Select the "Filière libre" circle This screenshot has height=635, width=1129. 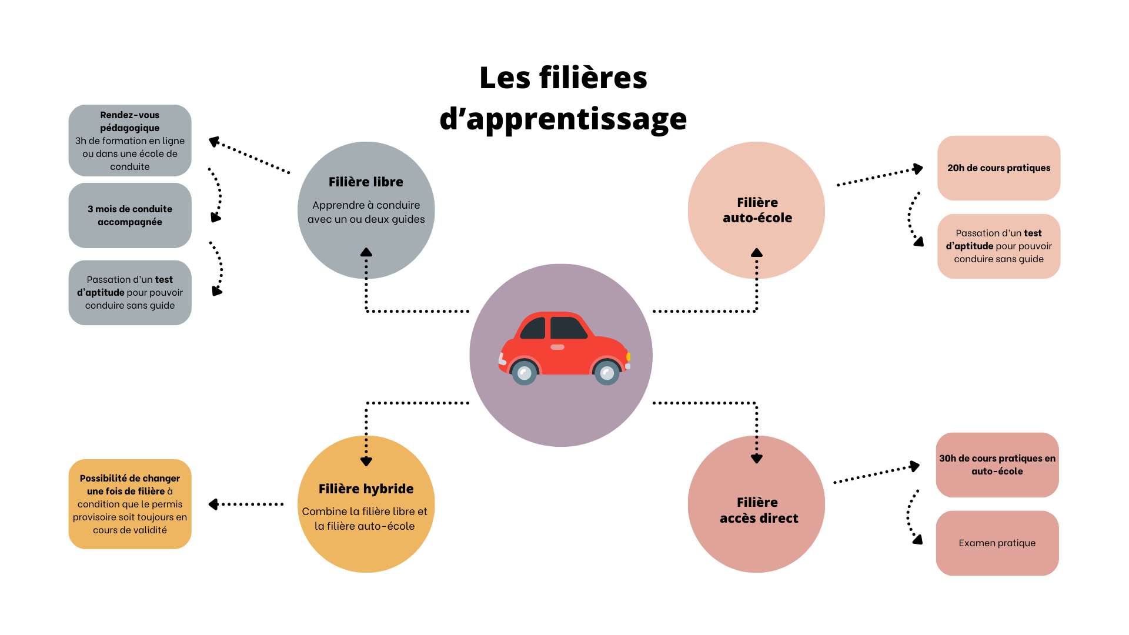[x=366, y=209]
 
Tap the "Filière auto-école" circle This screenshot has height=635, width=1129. [x=756, y=209]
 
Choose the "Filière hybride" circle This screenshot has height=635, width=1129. [x=366, y=504]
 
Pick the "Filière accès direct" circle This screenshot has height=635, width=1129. [x=756, y=504]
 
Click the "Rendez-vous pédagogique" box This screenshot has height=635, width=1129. [x=130, y=141]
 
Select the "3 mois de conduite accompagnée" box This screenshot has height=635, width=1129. [x=130, y=215]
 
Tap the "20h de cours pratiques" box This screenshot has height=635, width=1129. [x=998, y=168]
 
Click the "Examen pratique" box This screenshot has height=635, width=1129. [x=997, y=543]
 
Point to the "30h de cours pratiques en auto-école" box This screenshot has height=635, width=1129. [x=997, y=464]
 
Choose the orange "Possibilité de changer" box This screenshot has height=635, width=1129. [x=130, y=504]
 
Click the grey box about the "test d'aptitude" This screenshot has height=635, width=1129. [x=130, y=292]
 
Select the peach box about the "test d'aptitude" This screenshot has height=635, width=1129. [x=998, y=246]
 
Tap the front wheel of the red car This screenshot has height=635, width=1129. [x=607, y=372]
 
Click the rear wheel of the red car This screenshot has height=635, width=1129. [x=524, y=372]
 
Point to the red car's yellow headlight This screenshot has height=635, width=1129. [x=628, y=356]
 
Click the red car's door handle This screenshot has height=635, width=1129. [x=557, y=347]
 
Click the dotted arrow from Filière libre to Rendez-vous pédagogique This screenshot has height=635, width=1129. [x=249, y=156]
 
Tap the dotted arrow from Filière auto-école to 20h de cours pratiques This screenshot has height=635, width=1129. [x=880, y=176]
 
